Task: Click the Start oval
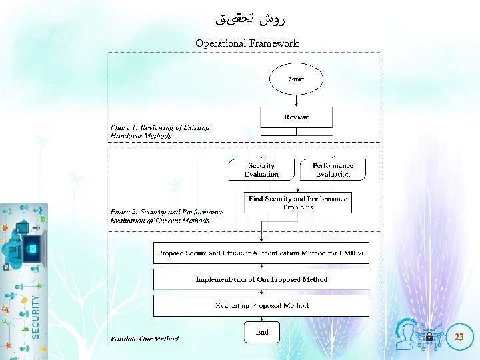point(296,79)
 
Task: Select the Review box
point(296,117)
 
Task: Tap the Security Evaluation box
point(261,169)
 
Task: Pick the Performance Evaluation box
point(333,169)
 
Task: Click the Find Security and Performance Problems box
point(297,203)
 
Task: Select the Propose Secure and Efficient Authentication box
point(261,253)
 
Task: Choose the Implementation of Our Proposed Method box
point(261,279)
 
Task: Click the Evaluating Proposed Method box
point(261,305)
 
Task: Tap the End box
point(261,331)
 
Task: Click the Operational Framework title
point(247,43)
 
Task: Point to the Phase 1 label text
point(159,131)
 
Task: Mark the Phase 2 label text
point(166,216)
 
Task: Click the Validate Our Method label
point(144,339)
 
